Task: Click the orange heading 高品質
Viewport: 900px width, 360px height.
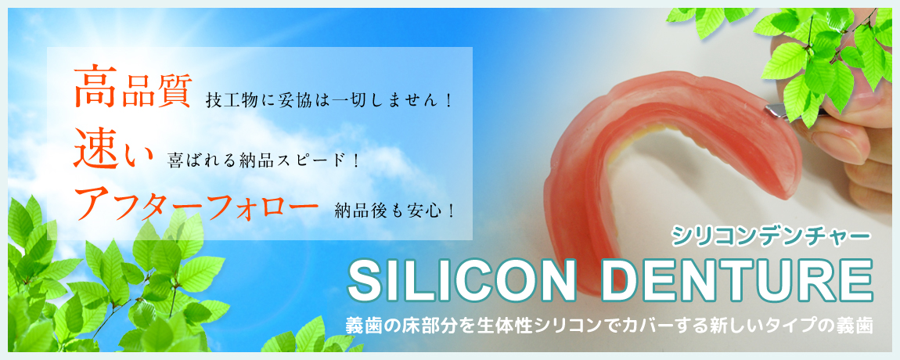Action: (132, 88)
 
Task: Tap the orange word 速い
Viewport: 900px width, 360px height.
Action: (113, 147)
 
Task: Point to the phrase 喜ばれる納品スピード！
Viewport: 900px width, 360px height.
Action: (264, 160)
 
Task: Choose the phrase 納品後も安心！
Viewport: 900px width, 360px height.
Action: (396, 211)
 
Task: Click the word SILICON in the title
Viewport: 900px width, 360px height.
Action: (462, 281)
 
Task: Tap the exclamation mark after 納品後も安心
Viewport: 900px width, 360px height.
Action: (451, 211)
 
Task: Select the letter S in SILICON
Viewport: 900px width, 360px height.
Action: (367, 281)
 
